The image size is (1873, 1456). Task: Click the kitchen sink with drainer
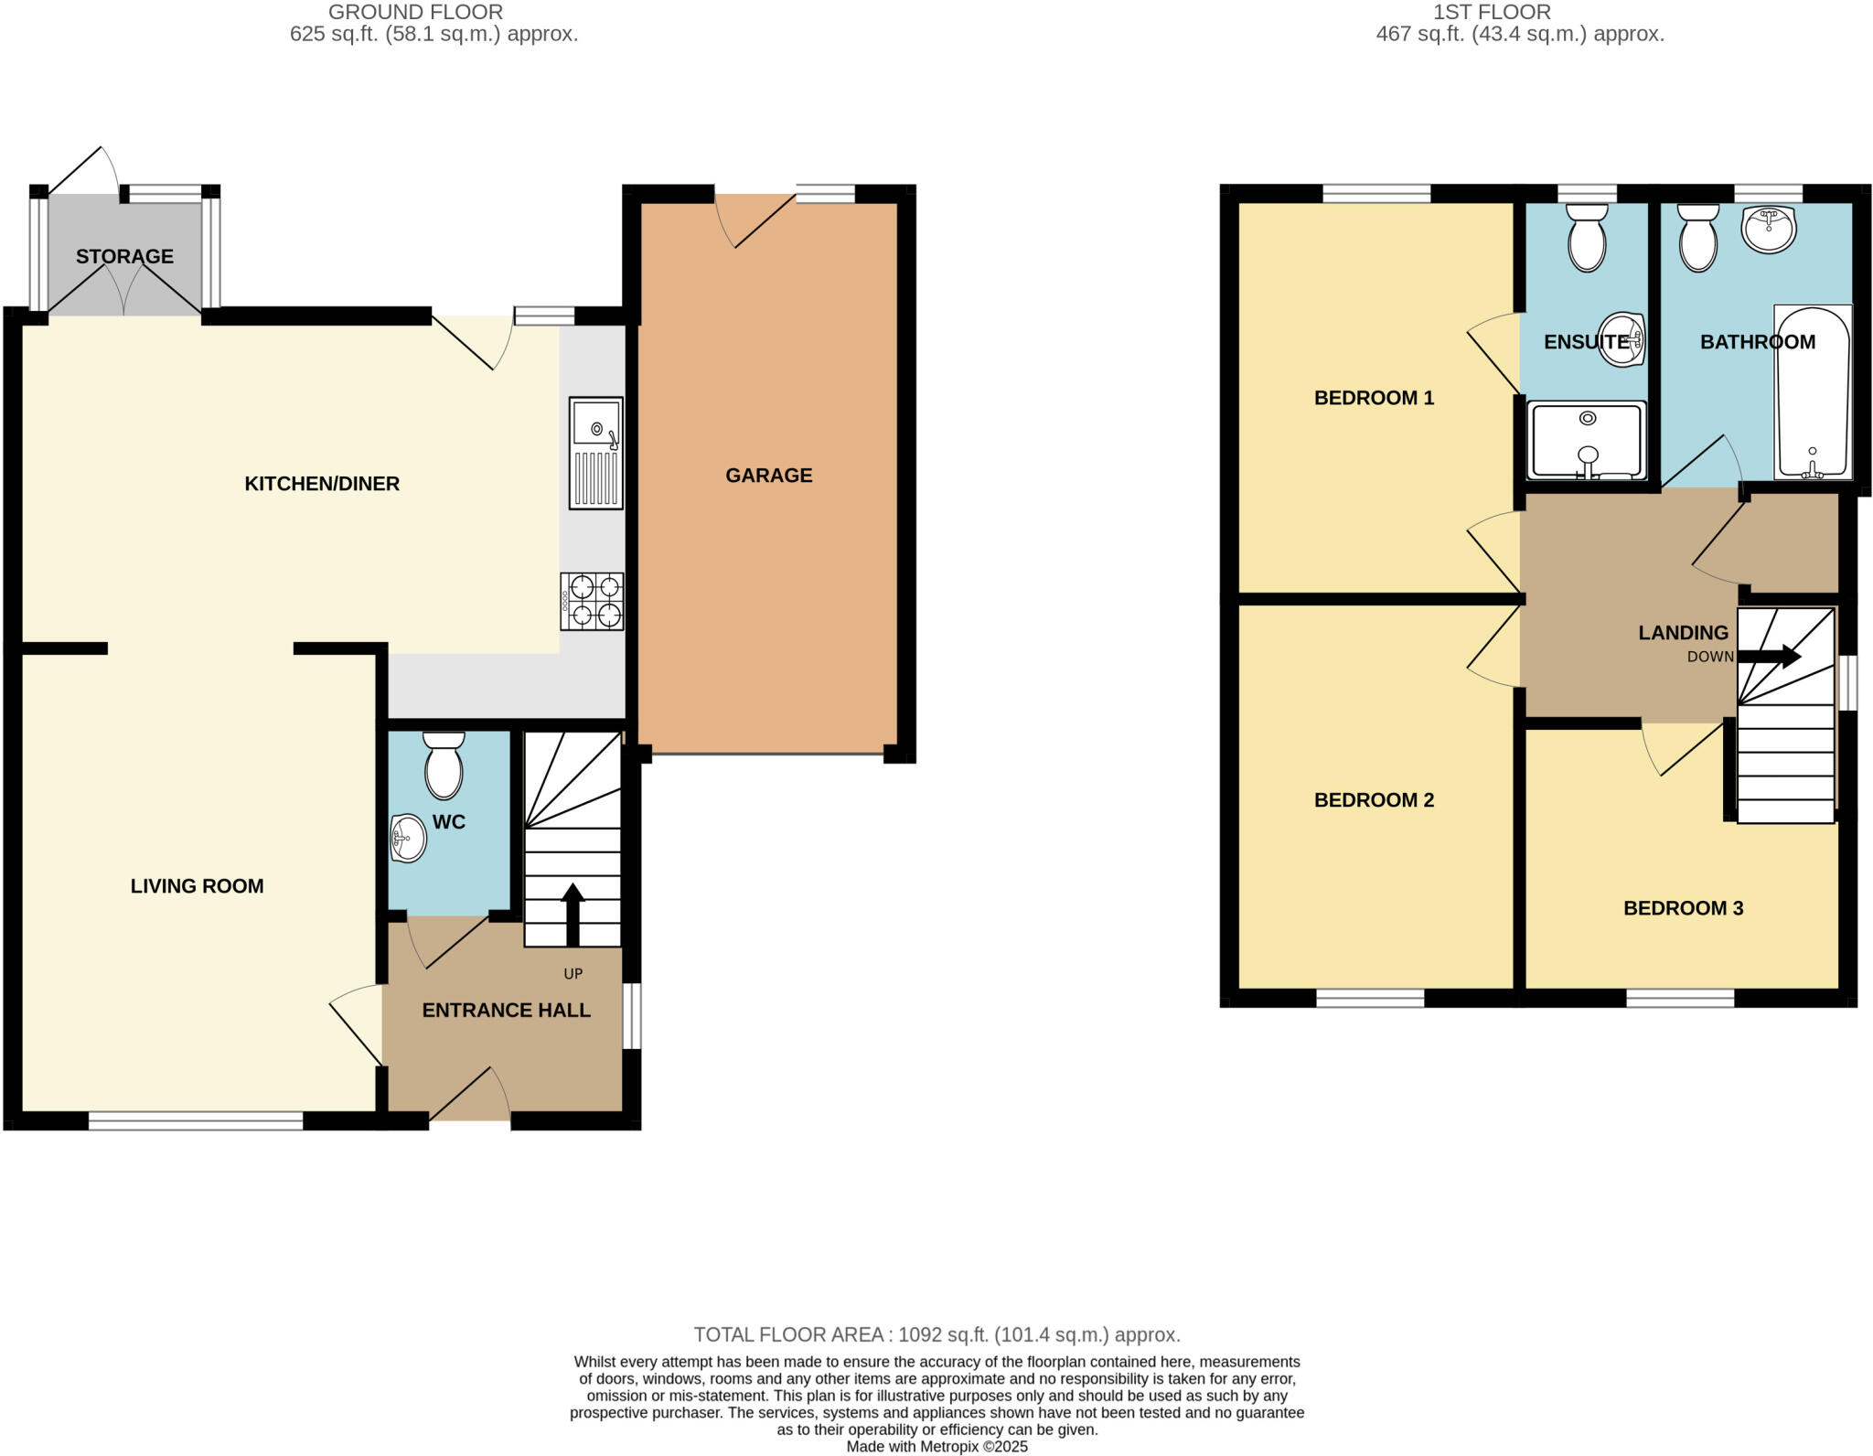click(595, 453)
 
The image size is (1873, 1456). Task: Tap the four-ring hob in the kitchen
click(593, 601)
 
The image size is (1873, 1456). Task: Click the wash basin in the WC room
click(408, 837)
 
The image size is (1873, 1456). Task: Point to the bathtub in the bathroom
click(1812, 392)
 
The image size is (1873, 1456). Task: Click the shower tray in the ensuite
click(1587, 441)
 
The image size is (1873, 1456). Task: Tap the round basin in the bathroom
click(1769, 229)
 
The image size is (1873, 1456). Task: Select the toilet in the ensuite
click(1587, 237)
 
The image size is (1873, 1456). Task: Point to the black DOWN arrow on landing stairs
click(1769, 656)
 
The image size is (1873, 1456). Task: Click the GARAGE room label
click(768, 476)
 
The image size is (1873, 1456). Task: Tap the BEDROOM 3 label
click(1683, 908)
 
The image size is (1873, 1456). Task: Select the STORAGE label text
click(124, 257)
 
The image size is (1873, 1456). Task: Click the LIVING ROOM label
click(197, 886)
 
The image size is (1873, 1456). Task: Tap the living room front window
click(196, 1120)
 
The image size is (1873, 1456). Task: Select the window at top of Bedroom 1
click(1375, 193)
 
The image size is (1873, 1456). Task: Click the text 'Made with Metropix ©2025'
click(936, 1447)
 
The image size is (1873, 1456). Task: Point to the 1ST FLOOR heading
click(1492, 12)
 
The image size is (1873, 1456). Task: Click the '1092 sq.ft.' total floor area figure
click(943, 1334)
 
